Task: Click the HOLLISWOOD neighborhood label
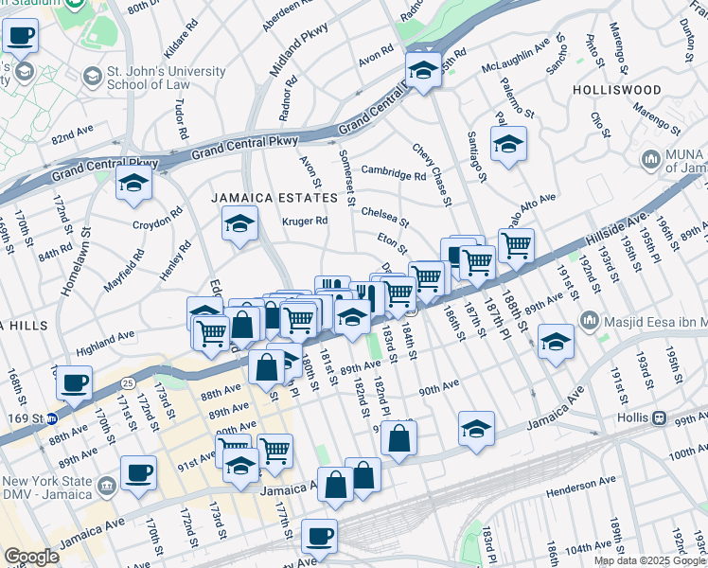(x=616, y=90)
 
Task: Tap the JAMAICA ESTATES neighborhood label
(x=274, y=198)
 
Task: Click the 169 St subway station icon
(x=54, y=417)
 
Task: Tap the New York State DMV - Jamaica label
(x=47, y=488)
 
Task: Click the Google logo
(x=31, y=557)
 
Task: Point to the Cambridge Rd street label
(x=393, y=174)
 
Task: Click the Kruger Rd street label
(x=305, y=222)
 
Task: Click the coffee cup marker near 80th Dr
(x=21, y=38)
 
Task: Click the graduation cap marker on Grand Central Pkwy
(x=421, y=69)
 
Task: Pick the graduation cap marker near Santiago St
(x=508, y=145)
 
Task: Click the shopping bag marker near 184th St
(x=399, y=437)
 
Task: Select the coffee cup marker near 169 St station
(x=74, y=384)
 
